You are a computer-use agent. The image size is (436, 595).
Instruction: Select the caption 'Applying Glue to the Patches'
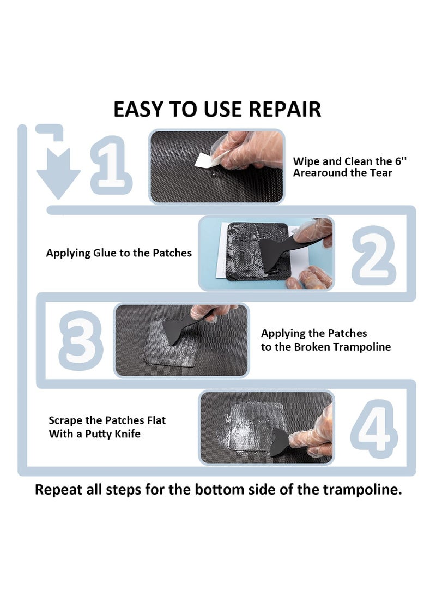point(119,253)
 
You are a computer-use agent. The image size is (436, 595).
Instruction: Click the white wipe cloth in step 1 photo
point(204,160)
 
